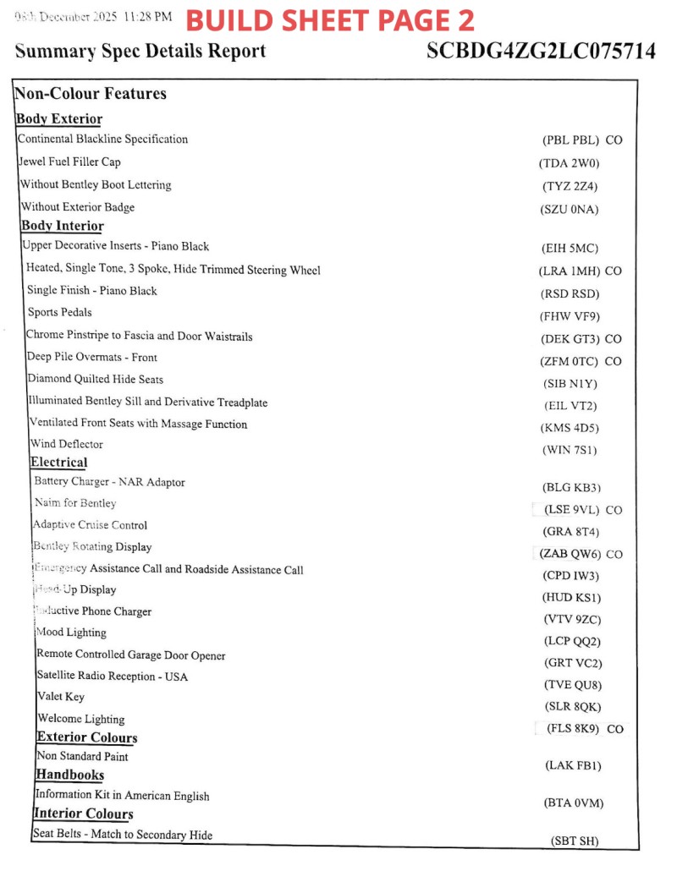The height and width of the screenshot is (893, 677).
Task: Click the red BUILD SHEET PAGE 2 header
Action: tap(329, 20)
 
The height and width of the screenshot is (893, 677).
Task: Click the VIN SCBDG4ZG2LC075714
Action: tap(541, 51)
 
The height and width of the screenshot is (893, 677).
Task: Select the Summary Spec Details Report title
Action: tap(140, 51)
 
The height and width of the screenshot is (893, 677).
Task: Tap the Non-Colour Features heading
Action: tap(91, 94)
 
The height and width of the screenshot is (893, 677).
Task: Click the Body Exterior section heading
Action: tap(59, 119)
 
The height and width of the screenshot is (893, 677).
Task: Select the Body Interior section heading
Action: tap(63, 226)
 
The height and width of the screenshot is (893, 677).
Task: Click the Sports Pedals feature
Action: tap(59, 312)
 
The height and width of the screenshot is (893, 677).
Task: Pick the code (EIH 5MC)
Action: tap(570, 249)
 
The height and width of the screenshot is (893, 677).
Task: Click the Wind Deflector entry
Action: tap(66, 444)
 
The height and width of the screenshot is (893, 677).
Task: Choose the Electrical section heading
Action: tap(58, 462)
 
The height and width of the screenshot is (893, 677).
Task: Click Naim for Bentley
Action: tap(75, 503)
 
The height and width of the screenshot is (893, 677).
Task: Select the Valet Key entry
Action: tap(60, 697)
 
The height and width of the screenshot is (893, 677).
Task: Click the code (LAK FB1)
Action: tap(573, 765)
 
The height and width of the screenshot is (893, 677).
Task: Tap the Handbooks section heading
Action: tap(69, 775)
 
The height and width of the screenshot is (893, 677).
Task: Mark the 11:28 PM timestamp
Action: tap(148, 17)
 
